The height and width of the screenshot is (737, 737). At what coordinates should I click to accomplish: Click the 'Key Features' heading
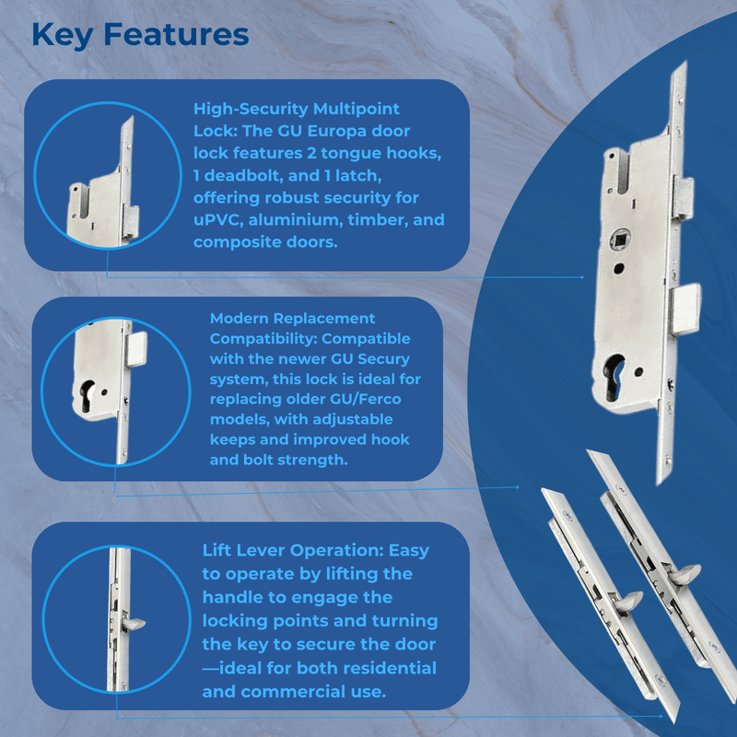pos(140,34)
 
